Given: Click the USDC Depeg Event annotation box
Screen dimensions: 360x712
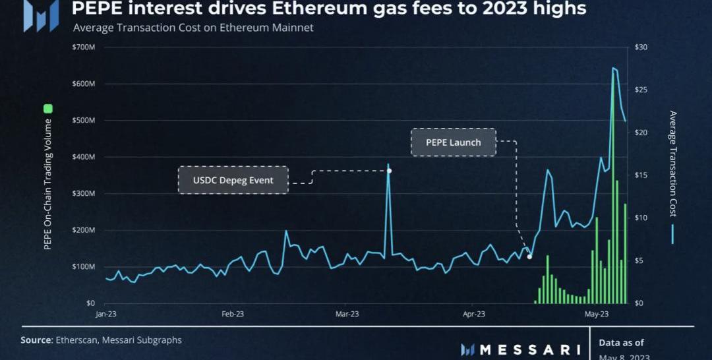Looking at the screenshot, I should point(233,180).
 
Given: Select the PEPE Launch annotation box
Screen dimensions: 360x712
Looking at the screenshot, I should point(454,142).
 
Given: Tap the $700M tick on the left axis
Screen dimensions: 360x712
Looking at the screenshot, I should point(84,47).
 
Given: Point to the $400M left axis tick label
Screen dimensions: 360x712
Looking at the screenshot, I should point(84,157).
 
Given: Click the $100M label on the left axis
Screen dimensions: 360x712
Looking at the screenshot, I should point(84,266).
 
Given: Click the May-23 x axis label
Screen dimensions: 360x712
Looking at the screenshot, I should point(596,315).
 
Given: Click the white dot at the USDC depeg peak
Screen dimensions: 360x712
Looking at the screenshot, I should point(389,171).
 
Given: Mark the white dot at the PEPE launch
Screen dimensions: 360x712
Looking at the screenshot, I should point(529,256).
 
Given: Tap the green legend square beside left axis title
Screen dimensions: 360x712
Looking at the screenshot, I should point(47,109).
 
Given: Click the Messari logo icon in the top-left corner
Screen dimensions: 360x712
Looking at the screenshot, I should point(41,16).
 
